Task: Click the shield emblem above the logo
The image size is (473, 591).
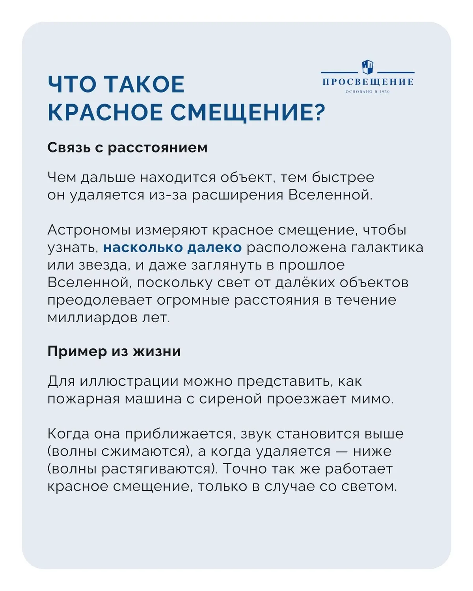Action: (x=368, y=67)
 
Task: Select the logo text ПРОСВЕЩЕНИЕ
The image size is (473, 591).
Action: (x=368, y=82)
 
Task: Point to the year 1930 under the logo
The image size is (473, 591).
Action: (x=384, y=92)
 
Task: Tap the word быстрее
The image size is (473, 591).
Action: (x=343, y=178)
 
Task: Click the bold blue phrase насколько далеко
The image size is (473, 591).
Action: (x=172, y=247)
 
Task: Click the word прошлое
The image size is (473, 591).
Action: (x=311, y=265)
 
